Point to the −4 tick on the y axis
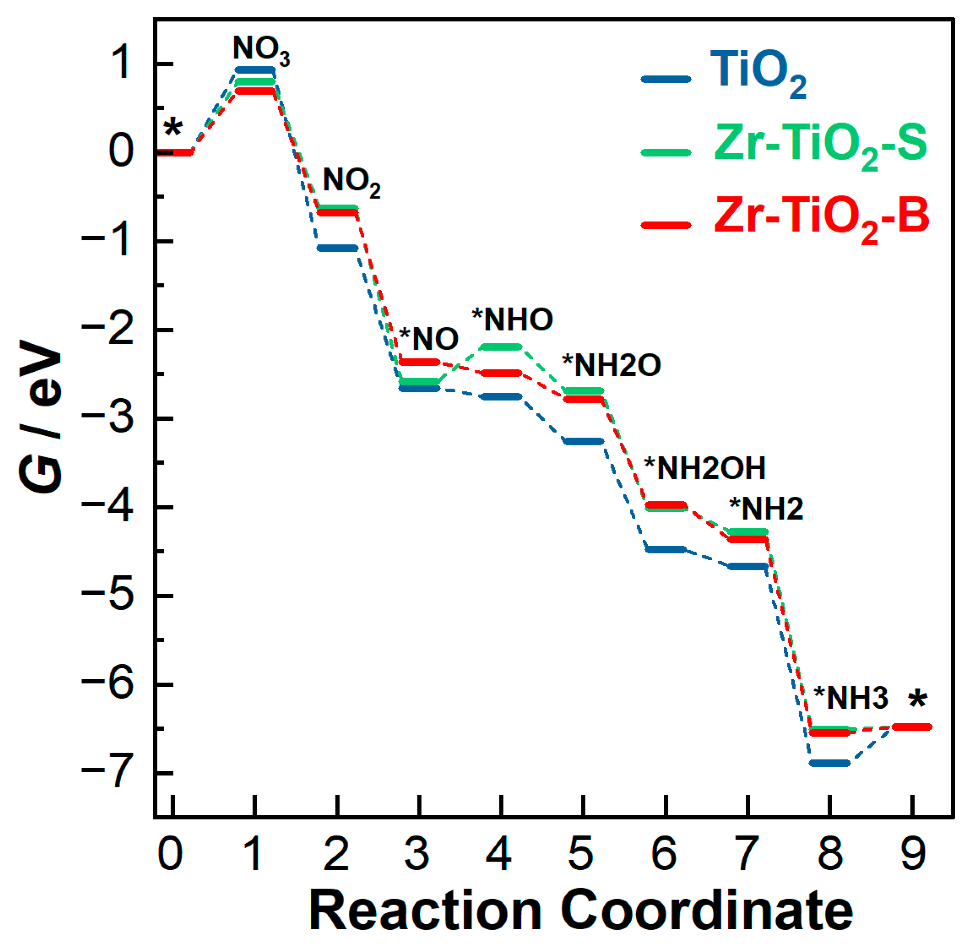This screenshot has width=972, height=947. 106,507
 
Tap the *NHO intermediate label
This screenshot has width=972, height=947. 512,319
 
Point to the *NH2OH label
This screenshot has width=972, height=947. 705,468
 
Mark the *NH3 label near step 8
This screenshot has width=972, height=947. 851,698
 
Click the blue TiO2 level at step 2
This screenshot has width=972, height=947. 337,248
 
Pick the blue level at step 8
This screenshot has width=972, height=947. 829,763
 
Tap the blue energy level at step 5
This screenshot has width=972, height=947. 583,441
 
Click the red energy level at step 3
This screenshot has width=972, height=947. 419,362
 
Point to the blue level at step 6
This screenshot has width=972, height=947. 665,549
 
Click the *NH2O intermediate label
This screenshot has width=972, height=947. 611,365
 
